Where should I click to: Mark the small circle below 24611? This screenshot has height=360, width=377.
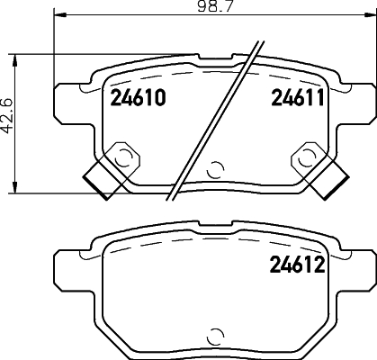coord(303,158)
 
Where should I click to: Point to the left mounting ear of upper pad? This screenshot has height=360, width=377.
coord(67,101)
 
